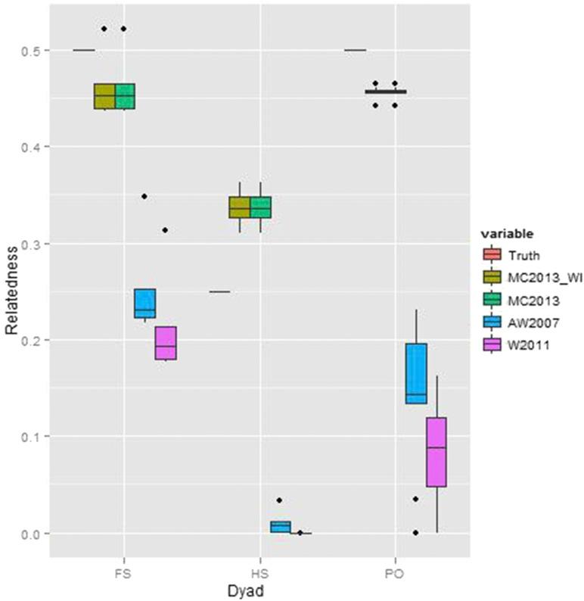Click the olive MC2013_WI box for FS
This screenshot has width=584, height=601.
104,96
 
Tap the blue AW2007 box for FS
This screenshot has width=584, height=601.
144,304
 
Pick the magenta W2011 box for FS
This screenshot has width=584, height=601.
165,343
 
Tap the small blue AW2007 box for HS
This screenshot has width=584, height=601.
281,527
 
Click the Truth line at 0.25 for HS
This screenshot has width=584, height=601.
219,291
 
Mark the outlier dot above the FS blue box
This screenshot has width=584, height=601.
144,196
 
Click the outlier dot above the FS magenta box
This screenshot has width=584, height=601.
165,230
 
